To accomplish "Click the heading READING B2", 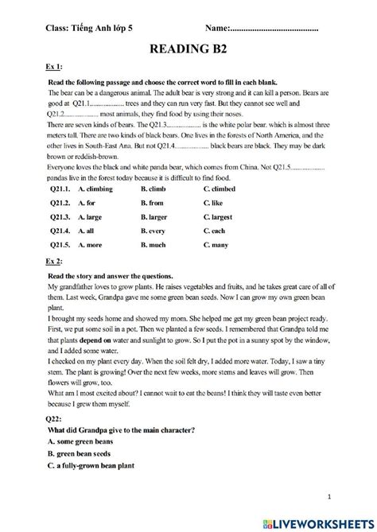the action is pos(189,50).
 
